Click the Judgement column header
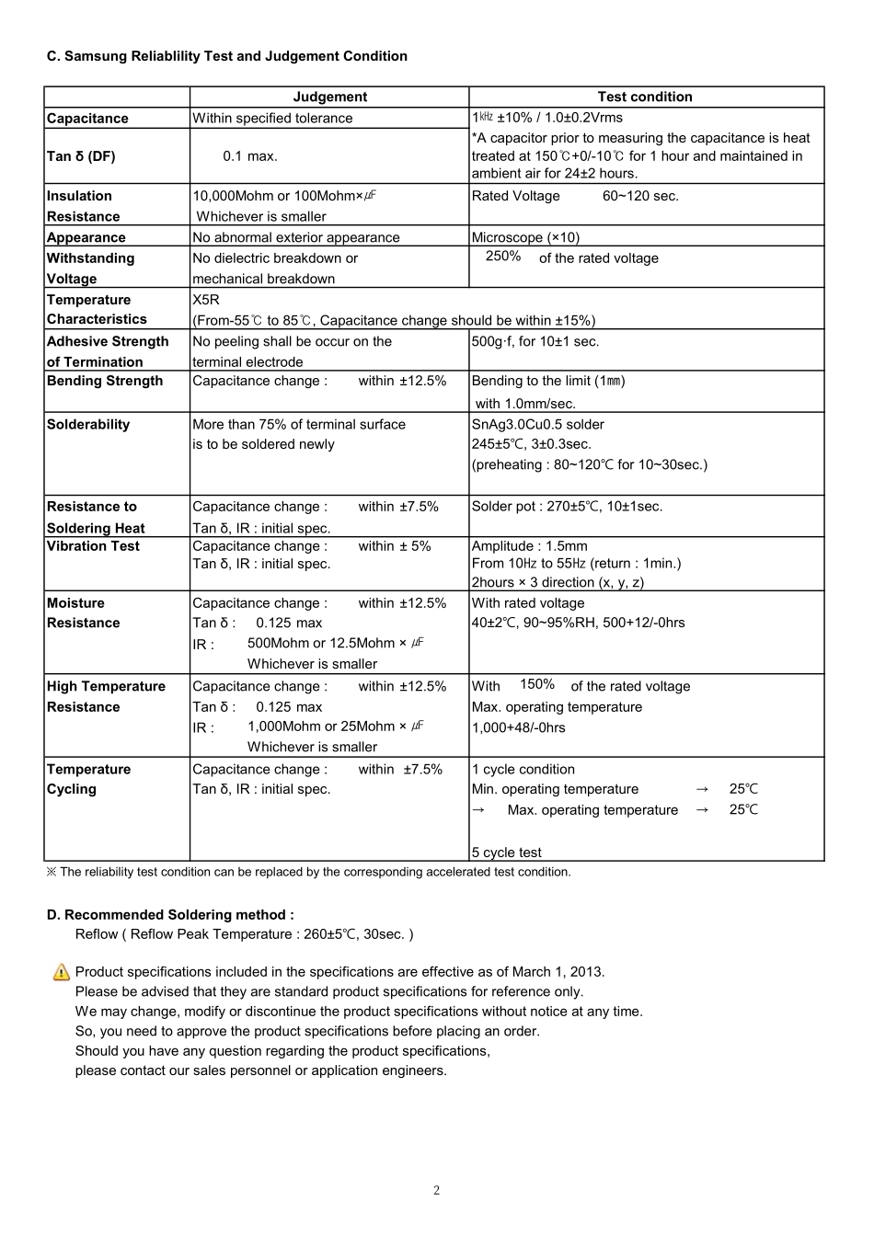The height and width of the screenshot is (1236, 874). click(x=329, y=97)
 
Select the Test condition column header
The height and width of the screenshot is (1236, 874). click(x=644, y=97)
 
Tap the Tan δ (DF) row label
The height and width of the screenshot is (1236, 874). click(x=81, y=156)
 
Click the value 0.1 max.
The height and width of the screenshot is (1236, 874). click(x=249, y=156)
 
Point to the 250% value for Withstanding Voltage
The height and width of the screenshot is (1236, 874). click(x=503, y=257)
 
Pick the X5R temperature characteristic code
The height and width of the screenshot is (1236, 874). click(x=206, y=300)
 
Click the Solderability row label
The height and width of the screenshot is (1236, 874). click(x=88, y=424)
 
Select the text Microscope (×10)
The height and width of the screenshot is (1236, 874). click(x=525, y=237)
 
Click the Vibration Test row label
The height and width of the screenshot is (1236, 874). click(x=93, y=546)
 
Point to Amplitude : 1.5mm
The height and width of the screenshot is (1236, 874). click(x=529, y=546)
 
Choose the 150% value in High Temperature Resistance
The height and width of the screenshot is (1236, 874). click(x=537, y=684)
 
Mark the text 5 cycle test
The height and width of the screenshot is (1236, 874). click(x=506, y=853)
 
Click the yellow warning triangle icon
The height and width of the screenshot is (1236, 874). click(x=62, y=972)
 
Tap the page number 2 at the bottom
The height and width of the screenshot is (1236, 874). click(x=436, y=1191)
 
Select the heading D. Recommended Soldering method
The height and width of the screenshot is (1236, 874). click(x=170, y=915)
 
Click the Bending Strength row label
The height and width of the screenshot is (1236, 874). click(x=105, y=381)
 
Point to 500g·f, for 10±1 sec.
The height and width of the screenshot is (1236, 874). click(x=535, y=341)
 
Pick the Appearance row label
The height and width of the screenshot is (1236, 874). click(x=86, y=237)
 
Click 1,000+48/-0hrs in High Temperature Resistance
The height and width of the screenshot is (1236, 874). click(x=518, y=727)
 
